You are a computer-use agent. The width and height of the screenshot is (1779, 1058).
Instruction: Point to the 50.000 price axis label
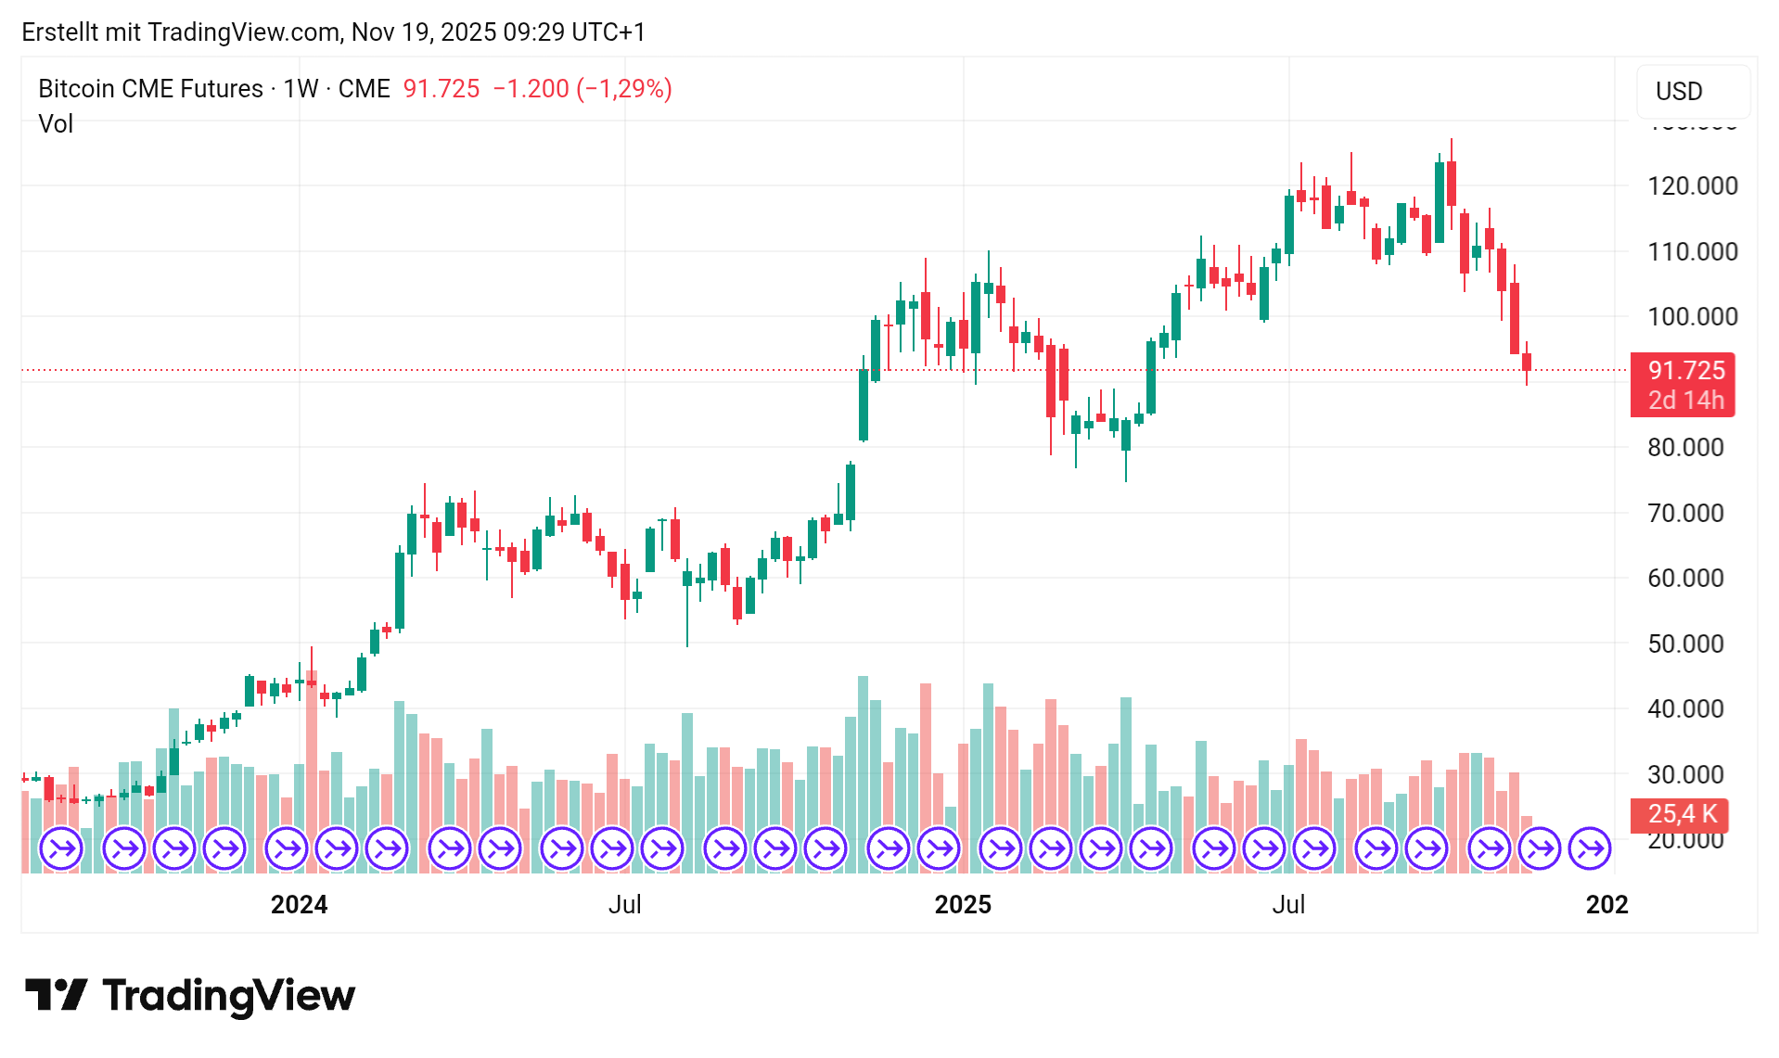point(1685,644)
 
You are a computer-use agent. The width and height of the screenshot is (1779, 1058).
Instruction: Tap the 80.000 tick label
point(1685,448)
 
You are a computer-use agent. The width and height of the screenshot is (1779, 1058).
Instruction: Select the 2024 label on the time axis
point(299,905)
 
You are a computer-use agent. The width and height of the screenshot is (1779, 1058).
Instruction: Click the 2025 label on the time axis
point(962,905)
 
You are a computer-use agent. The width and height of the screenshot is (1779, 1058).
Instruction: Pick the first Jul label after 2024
point(624,905)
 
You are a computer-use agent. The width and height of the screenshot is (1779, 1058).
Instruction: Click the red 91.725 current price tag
point(1685,370)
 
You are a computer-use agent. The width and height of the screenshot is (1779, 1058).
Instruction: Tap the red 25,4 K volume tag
point(1682,814)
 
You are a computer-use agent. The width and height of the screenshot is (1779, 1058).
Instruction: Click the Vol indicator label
point(56,124)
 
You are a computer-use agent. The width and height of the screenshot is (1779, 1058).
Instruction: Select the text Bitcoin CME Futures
point(150,89)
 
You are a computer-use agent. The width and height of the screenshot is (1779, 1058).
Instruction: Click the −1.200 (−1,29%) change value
point(582,89)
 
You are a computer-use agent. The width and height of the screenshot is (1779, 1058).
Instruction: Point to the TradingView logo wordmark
point(228,996)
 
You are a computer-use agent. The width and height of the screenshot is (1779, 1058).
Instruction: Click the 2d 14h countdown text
point(1685,401)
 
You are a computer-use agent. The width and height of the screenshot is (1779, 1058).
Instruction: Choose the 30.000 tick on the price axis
point(1685,774)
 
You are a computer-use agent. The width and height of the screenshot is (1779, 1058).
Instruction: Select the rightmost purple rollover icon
point(1590,848)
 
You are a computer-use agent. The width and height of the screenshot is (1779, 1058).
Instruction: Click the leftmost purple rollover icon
point(61,848)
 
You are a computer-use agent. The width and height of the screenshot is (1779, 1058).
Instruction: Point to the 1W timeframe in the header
point(301,89)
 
